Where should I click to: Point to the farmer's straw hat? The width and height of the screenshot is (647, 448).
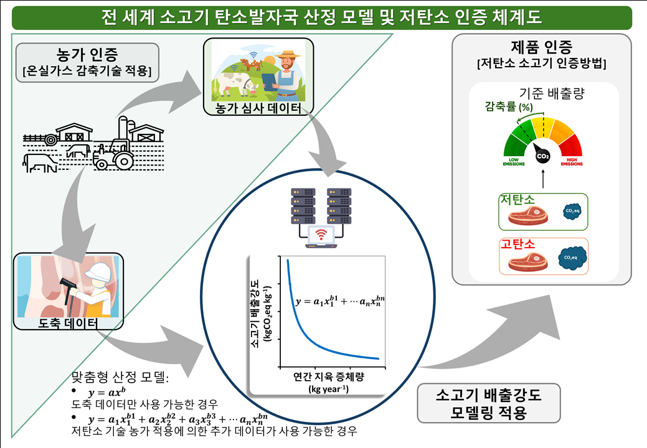[286, 54]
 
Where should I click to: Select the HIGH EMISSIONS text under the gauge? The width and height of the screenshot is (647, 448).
[571, 162]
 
